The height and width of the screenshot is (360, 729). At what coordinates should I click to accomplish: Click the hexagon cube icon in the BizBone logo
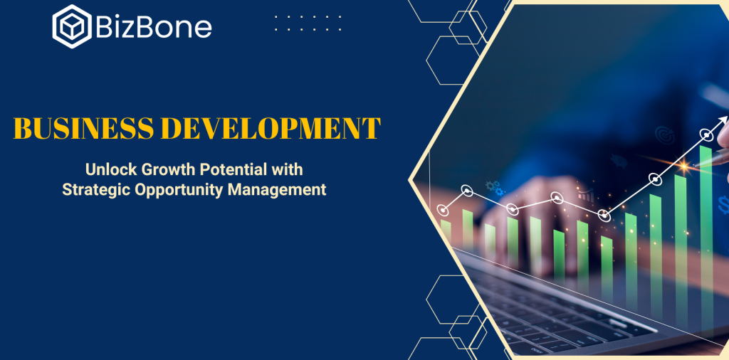[x=72, y=26]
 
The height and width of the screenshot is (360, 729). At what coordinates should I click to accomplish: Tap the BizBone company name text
[x=154, y=27]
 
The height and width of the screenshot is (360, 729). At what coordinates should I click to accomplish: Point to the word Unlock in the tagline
[x=112, y=169]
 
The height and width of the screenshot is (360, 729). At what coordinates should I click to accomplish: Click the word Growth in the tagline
[x=169, y=169]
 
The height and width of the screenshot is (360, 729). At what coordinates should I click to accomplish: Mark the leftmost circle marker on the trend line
[x=444, y=211]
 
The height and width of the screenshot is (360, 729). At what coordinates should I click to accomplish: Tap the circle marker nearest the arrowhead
[x=707, y=136]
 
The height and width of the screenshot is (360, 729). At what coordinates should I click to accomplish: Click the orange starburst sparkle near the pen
[x=684, y=165]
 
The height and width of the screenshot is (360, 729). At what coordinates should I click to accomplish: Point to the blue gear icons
[x=495, y=188]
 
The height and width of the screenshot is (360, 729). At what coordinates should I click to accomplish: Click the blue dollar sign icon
[x=723, y=205]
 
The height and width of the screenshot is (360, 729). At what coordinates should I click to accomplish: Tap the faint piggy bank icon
[x=618, y=160]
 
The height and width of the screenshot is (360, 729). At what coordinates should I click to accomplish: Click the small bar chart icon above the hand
[x=587, y=195]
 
